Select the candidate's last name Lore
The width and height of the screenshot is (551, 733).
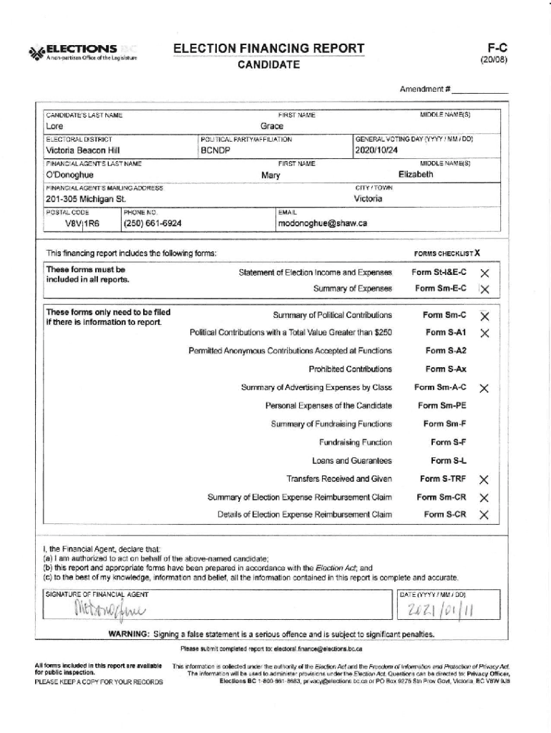pos(54,127)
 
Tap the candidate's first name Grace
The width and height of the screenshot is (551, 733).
pos(271,127)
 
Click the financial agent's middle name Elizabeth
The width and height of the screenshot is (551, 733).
pos(415,175)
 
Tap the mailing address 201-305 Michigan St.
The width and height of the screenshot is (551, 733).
pos(85,199)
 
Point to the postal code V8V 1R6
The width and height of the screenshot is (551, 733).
pos(82,223)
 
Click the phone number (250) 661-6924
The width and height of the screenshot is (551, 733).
pos(152,223)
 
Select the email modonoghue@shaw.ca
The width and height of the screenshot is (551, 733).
pos(322,223)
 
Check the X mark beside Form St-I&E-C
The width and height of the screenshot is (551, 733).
pos(484,273)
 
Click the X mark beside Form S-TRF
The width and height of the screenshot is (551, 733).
pos(484,480)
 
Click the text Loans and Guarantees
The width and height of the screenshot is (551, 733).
pos(351,461)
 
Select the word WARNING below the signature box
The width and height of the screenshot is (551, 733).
pos(128,634)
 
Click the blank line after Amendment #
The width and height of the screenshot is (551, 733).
pos(479,91)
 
